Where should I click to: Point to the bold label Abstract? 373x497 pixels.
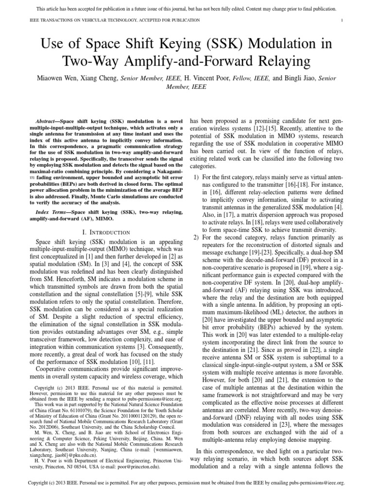(48, 120)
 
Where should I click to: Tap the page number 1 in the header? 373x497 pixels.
(342, 20)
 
